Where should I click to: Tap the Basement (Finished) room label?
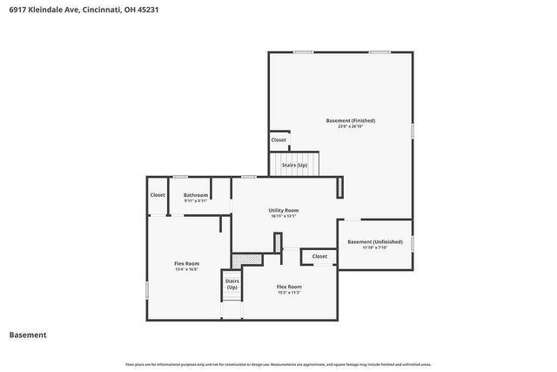tap(351, 120)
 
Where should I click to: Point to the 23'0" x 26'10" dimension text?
tap(351, 126)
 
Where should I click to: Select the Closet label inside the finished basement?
tap(278, 139)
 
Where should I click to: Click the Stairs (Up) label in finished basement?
tap(294, 165)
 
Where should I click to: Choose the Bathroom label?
tap(196, 194)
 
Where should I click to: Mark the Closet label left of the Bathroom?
tap(158, 194)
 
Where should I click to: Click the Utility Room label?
tap(284, 210)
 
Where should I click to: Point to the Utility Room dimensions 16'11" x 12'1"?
tap(284, 216)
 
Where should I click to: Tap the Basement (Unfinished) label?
tap(375, 241)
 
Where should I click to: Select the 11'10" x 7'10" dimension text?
tap(375, 247)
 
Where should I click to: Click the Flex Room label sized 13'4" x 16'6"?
tap(187, 263)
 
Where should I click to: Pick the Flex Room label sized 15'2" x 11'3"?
tap(289, 287)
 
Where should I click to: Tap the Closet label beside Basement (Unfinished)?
tap(319, 256)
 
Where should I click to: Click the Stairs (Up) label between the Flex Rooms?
tap(232, 284)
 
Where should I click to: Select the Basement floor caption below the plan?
tap(28, 335)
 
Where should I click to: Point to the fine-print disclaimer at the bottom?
tap(278, 364)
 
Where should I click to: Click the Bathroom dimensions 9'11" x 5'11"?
tap(196, 200)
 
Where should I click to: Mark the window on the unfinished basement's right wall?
tap(413, 243)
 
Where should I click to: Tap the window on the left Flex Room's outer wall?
tap(147, 287)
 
